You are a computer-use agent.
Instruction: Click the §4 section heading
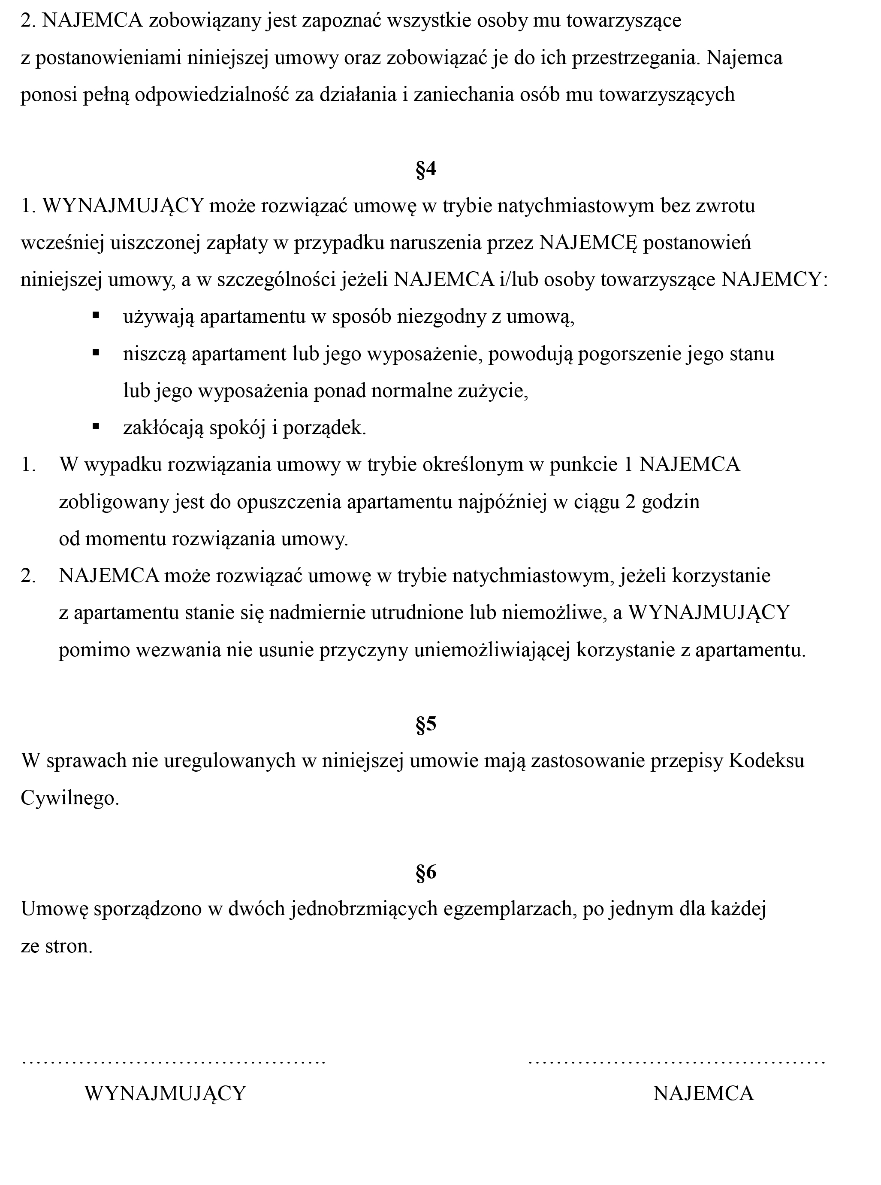[x=426, y=169]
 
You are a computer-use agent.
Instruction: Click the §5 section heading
[x=426, y=724]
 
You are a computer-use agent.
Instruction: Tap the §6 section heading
[x=426, y=872]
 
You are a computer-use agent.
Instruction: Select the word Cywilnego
[x=69, y=797]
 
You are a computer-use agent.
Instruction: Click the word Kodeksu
[x=766, y=760]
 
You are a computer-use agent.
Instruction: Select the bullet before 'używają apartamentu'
[x=96, y=315]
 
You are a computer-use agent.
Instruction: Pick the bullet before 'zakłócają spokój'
[x=96, y=426]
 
